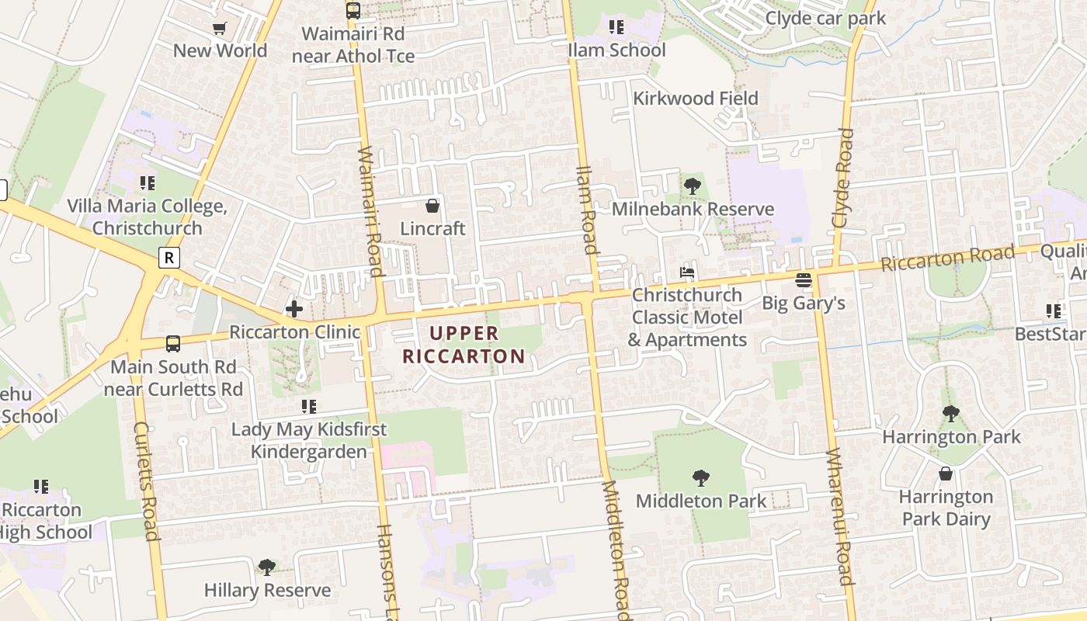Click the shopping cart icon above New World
[x=220, y=29]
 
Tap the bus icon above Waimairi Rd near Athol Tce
[x=352, y=11]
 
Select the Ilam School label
[x=616, y=50]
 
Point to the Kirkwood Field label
[x=695, y=99]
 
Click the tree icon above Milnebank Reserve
[x=692, y=186]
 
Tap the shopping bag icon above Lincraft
[x=432, y=206]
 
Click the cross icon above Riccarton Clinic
[x=294, y=309]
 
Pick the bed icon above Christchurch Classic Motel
[x=687, y=272]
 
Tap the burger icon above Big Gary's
[x=803, y=279]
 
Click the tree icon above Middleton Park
[x=700, y=477]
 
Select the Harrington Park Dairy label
[x=946, y=508]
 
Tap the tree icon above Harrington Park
[x=950, y=414]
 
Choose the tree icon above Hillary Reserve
[x=266, y=567]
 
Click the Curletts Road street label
[x=146, y=481]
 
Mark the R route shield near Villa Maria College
[x=169, y=258]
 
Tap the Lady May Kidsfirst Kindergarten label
[x=299, y=441]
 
